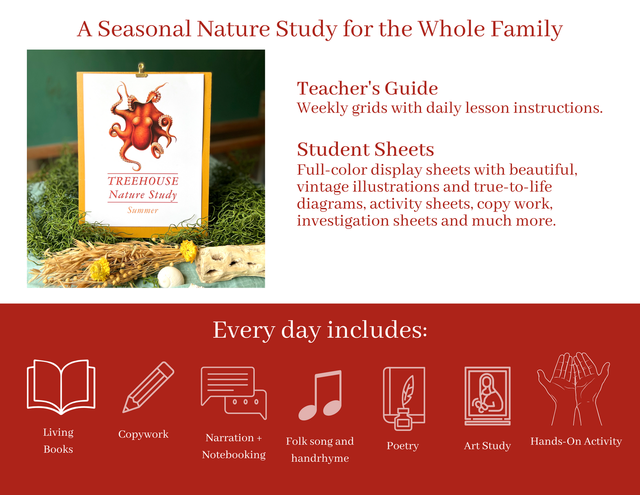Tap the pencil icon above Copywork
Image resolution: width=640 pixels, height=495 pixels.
coord(148,387)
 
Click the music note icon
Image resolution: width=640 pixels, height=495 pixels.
coord(320,395)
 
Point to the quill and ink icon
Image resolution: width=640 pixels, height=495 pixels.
coord(404,398)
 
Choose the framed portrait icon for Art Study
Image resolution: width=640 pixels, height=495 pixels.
coord(487,395)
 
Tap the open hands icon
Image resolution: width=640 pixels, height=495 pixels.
coord(573,389)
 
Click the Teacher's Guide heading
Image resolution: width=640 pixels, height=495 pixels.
coord(367,88)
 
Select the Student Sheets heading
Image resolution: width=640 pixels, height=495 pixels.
coord(365,149)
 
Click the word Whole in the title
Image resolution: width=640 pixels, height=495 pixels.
coord(451,29)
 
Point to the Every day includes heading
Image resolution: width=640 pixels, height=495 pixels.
coord(320,330)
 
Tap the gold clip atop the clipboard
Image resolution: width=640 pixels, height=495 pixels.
coord(142,70)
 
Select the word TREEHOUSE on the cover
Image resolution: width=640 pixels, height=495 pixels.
coord(143,181)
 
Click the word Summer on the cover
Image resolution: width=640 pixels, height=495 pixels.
coord(143,210)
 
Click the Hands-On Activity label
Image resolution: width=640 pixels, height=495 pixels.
coord(576,441)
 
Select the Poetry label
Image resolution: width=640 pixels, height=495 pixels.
coord(403,446)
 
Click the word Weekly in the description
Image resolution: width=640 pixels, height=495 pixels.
coord(322,108)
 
